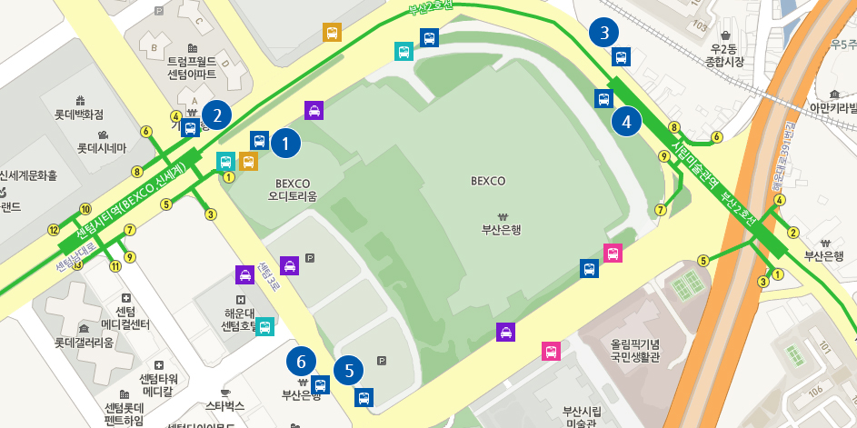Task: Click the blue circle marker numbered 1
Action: pyautogui.click(x=285, y=143)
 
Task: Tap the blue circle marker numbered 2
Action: pyautogui.click(x=216, y=114)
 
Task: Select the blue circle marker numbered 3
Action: pyautogui.click(x=603, y=33)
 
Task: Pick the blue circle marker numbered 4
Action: pyautogui.click(x=626, y=120)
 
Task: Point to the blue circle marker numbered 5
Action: pyautogui.click(x=348, y=370)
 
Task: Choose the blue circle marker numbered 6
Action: pyautogui.click(x=302, y=361)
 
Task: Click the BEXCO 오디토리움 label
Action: pyautogui.click(x=293, y=189)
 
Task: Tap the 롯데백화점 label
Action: pyautogui.click(x=79, y=114)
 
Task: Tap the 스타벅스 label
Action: pyautogui.click(x=225, y=404)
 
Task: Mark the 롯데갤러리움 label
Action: pyautogui.click(x=84, y=343)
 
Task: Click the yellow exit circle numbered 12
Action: pyautogui.click(x=54, y=229)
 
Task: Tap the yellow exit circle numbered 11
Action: pyautogui.click(x=115, y=266)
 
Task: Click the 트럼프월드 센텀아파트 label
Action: pyautogui.click(x=192, y=67)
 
